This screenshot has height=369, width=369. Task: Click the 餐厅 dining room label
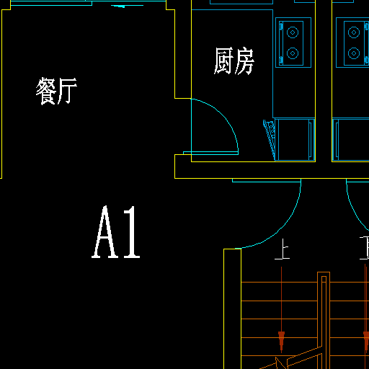56,91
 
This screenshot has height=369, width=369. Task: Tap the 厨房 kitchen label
234,61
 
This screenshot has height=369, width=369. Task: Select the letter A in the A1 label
105,232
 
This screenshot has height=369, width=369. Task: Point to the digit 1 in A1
132,232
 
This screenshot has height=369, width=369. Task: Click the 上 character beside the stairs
283,249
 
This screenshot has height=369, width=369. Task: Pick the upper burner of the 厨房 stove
293,32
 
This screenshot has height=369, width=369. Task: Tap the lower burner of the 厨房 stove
293,53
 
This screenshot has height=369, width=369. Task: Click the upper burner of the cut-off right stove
354,32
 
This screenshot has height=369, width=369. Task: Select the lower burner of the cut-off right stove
354,53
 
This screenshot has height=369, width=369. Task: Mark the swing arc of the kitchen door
225,115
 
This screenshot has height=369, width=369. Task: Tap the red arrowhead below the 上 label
282,341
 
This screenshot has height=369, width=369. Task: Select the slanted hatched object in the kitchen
270,139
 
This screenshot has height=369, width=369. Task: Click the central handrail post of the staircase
324,310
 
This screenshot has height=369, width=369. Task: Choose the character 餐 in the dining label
45,91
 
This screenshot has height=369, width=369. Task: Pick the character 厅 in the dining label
68,91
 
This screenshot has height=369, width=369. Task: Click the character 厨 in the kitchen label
224,61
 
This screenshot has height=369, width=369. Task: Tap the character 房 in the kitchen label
244,61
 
